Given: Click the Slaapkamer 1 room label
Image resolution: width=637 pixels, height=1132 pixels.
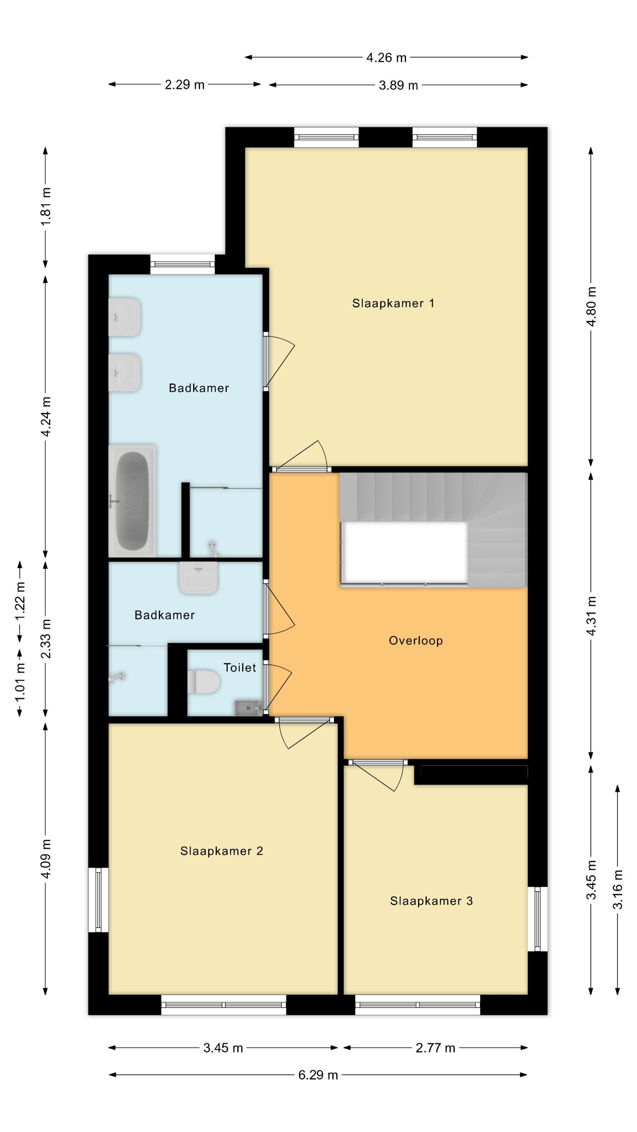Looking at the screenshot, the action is point(393,303).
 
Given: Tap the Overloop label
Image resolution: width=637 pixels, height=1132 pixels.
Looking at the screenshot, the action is point(415,641).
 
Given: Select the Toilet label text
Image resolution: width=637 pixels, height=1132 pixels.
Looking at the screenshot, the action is point(240,668).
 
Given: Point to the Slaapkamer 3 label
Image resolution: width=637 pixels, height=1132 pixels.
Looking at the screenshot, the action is point(431,901).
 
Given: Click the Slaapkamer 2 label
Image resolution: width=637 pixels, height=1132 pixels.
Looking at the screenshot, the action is point(222,851).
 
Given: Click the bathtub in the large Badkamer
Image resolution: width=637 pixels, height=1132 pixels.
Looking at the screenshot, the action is point(132,501).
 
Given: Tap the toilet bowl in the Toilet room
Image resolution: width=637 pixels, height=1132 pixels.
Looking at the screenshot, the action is point(203,681).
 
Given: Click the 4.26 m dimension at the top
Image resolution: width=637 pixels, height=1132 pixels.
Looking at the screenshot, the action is point(386,58).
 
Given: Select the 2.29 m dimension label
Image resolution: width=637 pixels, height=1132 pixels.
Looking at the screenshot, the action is point(185,85).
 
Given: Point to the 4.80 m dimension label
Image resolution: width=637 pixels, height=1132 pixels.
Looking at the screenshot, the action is point(591,306).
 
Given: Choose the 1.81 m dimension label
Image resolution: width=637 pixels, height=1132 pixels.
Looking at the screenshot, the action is point(46,206).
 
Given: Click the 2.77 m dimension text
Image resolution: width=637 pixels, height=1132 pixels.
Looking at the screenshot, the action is point(435,1048).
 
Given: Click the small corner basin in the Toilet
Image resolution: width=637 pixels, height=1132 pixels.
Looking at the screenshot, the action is point(249,708).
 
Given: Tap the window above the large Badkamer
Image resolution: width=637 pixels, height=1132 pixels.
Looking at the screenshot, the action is point(182,265).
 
